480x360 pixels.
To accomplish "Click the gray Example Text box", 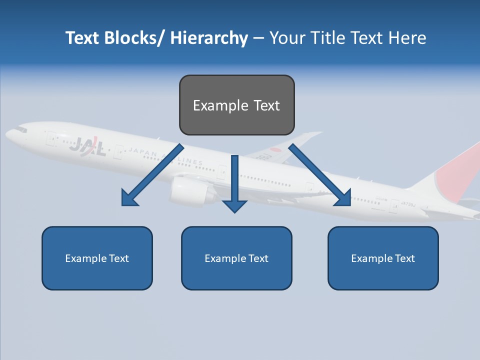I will point(236,105).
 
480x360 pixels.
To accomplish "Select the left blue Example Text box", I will point(97,258).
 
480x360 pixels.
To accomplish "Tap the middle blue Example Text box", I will point(236,258).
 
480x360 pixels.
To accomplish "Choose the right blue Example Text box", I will point(383,258).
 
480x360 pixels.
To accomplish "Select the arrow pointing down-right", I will point(320,175).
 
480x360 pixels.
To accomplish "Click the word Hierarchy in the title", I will point(209,38).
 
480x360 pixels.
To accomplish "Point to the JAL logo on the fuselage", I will point(87,146).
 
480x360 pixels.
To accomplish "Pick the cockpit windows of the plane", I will point(20,129).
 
